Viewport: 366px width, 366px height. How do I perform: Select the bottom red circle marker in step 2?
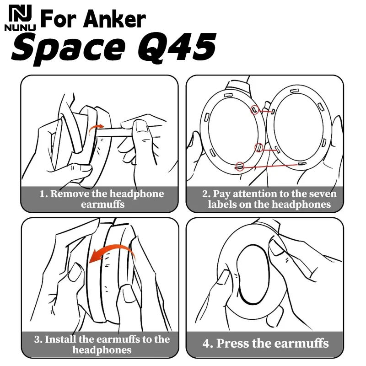click(239, 167)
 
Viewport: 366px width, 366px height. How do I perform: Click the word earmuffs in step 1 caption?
click(102, 205)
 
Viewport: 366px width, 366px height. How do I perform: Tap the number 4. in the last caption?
click(208, 343)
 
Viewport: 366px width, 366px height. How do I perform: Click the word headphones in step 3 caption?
click(102, 350)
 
